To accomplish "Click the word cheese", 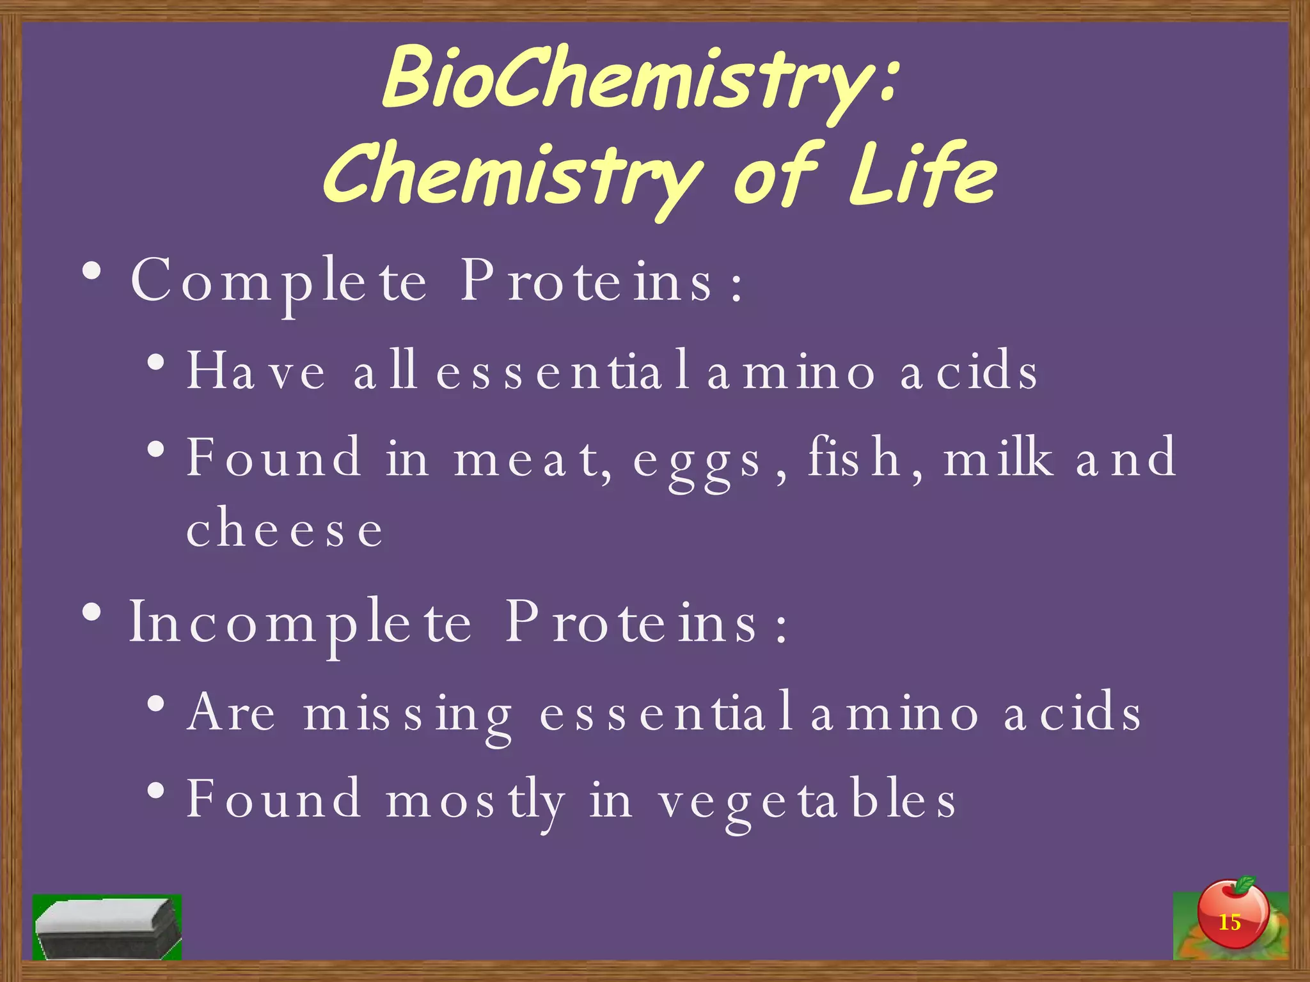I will pos(285,529).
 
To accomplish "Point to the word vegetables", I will pos(807,800).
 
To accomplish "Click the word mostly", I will pos(475,800).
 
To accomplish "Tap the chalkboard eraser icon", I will pos(107,927).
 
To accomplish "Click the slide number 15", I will pos(1229,923).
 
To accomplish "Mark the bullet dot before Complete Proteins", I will pos(91,271).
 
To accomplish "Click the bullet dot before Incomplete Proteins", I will pos(91,612).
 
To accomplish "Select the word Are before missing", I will pos(231,712).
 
